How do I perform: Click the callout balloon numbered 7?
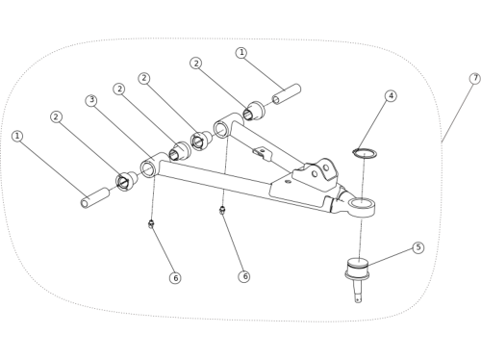475,79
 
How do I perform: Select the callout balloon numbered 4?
391,96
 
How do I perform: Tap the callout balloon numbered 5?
418,247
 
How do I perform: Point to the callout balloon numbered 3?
91,100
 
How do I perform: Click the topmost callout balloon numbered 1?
241,53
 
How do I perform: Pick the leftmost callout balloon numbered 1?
17,136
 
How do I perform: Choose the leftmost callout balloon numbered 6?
175,278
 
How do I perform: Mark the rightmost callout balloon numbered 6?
244,276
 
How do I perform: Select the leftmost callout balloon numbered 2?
56,116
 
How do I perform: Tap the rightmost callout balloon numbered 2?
196,64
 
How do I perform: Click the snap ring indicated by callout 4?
365,153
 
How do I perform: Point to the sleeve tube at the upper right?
287,94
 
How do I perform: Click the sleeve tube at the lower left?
95,197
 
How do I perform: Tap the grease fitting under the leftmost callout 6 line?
151,224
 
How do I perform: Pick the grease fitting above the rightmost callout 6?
222,210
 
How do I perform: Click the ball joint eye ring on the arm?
362,206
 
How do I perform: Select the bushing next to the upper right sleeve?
254,111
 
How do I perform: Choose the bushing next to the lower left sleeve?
127,181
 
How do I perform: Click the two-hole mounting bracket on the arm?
316,174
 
